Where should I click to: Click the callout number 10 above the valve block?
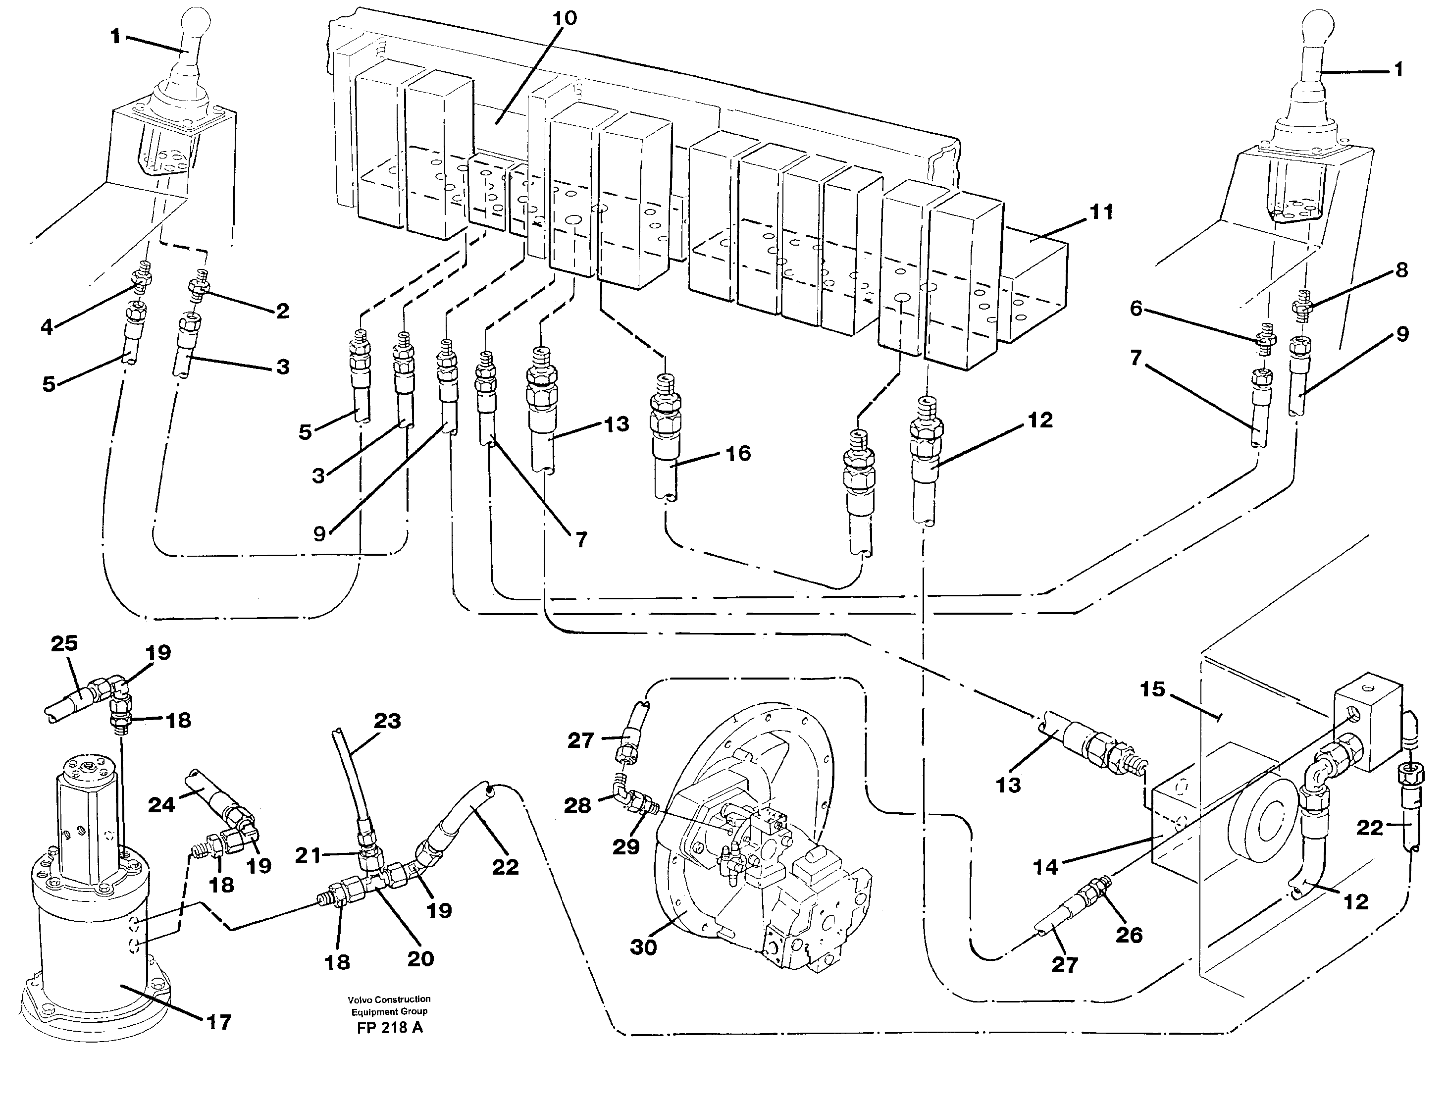564,18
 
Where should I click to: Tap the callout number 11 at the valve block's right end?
1101,212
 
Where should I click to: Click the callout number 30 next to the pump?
643,947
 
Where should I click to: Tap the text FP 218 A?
390,1028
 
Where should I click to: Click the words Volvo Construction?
390,999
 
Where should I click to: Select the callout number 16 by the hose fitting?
737,453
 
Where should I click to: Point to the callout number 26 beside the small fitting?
1129,935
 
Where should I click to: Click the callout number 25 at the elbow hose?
64,643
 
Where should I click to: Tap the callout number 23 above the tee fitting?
387,721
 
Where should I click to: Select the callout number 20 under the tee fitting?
420,959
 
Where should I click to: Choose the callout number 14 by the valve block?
1045,867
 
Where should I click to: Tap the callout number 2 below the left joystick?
283,311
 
